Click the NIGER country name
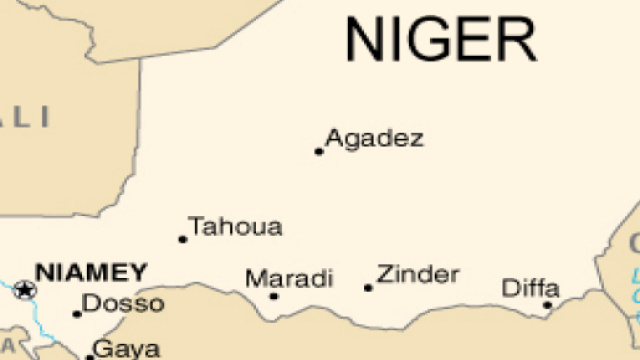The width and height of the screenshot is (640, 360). [440, 40]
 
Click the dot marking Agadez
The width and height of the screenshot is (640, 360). [319, 152]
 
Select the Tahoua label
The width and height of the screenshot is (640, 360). [236, 227]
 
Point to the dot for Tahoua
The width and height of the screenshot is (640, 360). [182, 239]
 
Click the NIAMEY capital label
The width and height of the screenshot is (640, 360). [91, 272]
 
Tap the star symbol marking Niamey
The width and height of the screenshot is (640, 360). [24, 290]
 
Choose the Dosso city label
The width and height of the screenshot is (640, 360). [122, 303]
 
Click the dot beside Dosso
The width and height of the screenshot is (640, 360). [77, 314]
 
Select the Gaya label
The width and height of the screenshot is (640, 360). [126, 349]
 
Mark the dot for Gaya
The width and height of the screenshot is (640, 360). [90, 356]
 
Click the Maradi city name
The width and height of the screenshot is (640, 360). [289, 278]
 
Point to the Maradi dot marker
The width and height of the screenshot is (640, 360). [274, 296]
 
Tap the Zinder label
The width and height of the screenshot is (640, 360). [418, 274]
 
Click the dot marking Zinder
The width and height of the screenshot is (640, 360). [368, 288]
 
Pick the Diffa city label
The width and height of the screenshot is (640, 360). [530, 289]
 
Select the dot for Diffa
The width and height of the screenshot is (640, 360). [547, 305]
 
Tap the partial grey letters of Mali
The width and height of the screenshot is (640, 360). [25, 117]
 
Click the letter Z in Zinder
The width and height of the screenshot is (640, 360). [385, 275]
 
